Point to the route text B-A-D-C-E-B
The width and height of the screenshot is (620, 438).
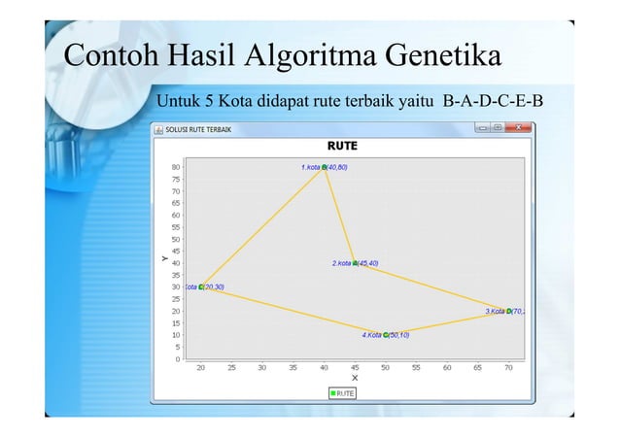click(x=493, y=101)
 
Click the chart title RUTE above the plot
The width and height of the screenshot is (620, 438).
click(x=342, y=146)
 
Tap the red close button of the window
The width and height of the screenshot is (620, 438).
click(x=519, y=127)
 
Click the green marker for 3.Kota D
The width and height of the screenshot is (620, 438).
click(x=509, y=311)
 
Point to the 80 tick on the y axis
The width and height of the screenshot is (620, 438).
click(x=175, y=167)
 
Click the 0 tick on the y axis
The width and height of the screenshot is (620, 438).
click(x=177, y=358)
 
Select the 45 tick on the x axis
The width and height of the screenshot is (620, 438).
click(x=355, y=368)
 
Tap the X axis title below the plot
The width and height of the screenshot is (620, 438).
click(x=355, y=378)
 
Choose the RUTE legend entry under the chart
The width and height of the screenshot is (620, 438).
click(x=342, y=392)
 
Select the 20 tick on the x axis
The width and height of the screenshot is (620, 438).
click(x=201, y=368)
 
